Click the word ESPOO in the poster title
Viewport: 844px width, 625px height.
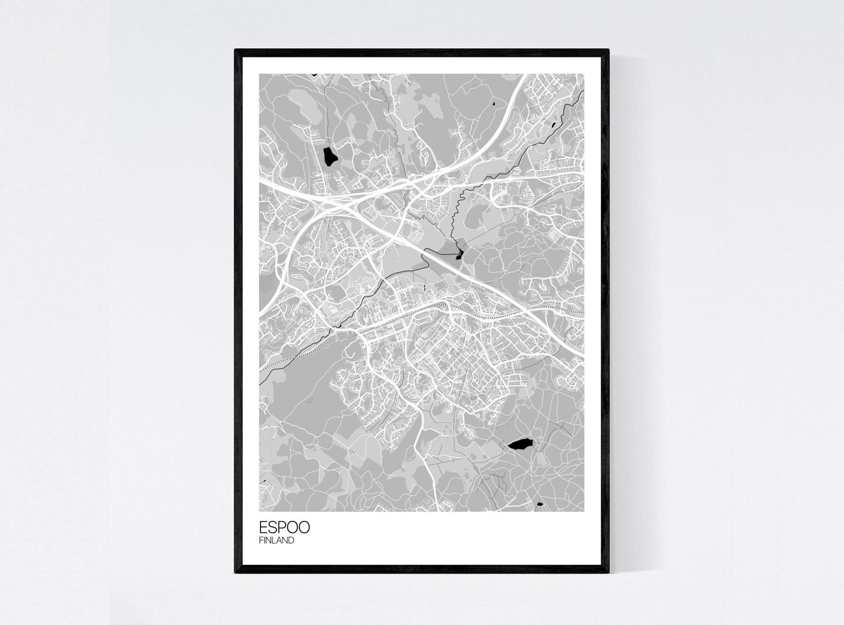(x=284, y=528)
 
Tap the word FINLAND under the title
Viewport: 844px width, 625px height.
(x=276, y=541)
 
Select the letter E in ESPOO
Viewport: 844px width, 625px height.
(x=263, y=528)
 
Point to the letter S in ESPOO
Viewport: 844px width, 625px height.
(x=272, y=528)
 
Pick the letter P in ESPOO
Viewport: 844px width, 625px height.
(x=281, y=528)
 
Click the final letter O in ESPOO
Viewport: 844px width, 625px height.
(x=303, y=528)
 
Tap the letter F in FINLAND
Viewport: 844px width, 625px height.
(x=261, y=541)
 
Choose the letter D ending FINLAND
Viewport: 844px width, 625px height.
(x=291, y=541)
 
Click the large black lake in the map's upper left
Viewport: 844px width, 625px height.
(x=328, y=156)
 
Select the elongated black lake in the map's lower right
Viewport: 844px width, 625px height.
(x=520, y=444)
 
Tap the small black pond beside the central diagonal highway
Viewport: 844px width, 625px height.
(x=459, y=254)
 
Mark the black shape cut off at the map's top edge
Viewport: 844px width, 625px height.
(x=314, y=74)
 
